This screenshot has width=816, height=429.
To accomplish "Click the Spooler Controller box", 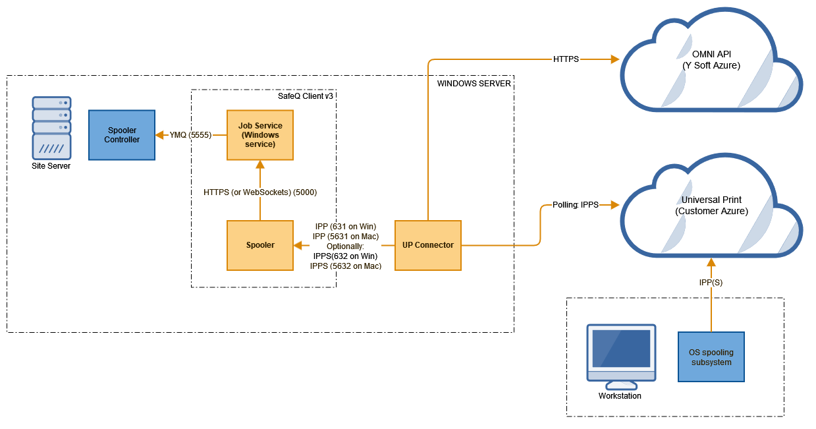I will click(x=122, y=135).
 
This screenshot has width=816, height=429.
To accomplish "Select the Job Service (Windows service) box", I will click(x=259, y=135).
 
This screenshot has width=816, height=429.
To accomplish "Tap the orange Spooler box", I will click(x=259, y=245).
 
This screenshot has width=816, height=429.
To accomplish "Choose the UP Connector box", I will click(x=427, y=245).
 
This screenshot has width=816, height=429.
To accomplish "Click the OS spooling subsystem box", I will click(x=711, y=357).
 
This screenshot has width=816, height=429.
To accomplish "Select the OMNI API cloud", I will click(x=711, y=66).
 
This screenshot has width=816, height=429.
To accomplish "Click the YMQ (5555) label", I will click(x=190, y=135).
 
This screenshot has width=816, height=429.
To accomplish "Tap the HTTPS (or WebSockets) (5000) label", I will click(x=260, y=192).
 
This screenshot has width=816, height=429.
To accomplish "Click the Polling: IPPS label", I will click(x=570, y=205).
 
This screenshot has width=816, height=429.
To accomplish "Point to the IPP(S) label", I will click(x=711, y=281).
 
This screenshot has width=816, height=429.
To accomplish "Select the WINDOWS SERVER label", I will click(x=474, y=84).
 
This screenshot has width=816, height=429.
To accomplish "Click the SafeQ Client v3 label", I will click(x=306, y=96).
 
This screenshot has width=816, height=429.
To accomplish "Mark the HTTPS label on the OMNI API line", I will click(x=566, y=59).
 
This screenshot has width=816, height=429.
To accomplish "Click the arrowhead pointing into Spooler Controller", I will click(x=159, y=135).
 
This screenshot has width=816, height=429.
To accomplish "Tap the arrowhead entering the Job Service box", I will click(x=259, y=165).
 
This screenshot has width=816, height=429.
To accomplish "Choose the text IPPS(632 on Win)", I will click(x=345, y=256).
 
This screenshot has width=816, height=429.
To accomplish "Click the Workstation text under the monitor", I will click(x=620, y=396).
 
